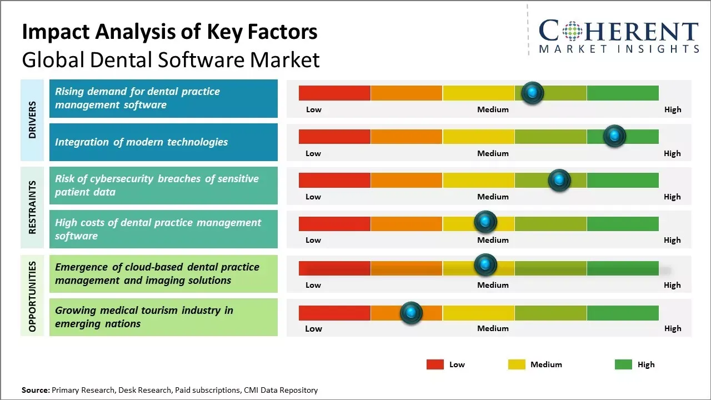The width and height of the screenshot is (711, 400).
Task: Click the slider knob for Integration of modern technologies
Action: tap(614, 136)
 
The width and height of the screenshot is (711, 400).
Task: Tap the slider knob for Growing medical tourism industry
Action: tap(411, 313)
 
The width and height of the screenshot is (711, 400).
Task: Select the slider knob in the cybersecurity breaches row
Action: tap(559, 180)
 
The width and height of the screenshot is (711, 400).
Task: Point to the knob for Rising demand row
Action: tap(533, 93)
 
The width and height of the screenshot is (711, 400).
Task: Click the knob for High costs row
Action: tap(485, 222)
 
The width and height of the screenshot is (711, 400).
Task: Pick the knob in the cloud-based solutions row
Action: tap(485, 265)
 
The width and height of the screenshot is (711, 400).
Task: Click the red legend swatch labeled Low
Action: tap(435, 364)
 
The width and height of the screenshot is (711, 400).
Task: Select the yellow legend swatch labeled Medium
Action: tap(517, 364)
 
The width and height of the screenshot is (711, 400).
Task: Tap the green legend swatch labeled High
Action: tap(623, 364)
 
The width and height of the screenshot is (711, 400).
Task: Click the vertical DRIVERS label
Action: tap(32, 119)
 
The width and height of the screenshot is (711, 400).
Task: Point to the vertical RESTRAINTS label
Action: tap(32, 207)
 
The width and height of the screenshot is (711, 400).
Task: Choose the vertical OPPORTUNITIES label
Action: tap(32, 296)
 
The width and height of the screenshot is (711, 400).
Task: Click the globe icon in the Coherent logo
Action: tap(573, 31)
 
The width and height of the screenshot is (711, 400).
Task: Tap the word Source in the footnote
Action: tap(35, 391)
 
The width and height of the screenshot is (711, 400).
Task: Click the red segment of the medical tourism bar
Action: tap(334, 313)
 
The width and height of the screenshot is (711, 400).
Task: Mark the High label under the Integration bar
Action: tap(672, 153)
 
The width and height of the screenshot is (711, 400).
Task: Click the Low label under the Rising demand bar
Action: tap(314, 109)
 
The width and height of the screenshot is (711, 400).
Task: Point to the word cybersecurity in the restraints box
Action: tap(117, 179)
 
